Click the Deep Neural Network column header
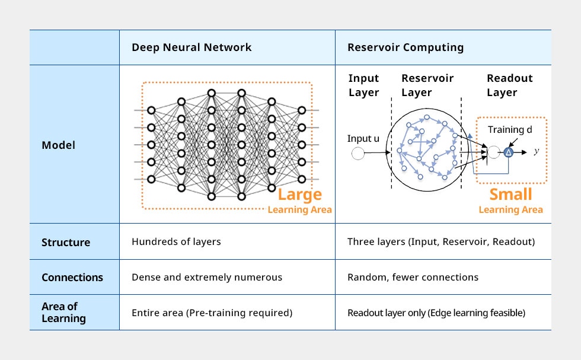[191, 47]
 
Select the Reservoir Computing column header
[406, 47]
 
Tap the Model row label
[58, 145]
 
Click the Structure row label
[66, 242]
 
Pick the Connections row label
[72, 277]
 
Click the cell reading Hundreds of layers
[176, 242]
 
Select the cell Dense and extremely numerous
[207, 277]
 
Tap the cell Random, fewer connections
[413, 277]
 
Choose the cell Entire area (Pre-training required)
[212, 313]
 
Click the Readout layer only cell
[436, 313]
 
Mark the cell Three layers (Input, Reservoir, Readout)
[441, 242]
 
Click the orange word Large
[299, 195]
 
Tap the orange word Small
[510, 195]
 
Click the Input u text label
[363, 139]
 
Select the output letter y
[536, 152]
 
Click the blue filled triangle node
[508, 152]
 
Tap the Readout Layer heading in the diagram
[509, 85]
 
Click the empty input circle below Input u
[358, 154]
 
